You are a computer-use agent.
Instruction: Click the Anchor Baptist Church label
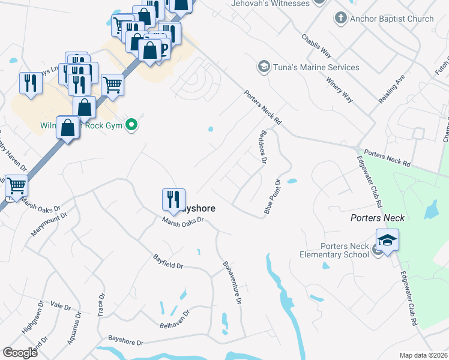pyautogui.click(x=392, y=19)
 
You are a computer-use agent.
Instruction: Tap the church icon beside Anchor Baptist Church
pyautogui.click(x=340, y=18)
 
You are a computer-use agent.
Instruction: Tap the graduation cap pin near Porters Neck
pyautogui.click(x=387, y=241)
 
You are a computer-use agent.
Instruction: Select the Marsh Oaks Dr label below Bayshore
pyautogui.click(x=184, y=220)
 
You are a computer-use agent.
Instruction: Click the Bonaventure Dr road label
pyautogui.click(x=232, y=282)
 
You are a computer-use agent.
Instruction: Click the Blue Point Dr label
pyautogui.click(x=273, y=196)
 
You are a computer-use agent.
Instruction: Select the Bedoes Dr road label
pyautogui.click(x=262, y=148)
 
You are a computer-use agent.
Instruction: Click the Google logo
pyautogui.click(x=20, y=352)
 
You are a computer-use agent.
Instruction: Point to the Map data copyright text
pyautogui.click(x=423, y=355)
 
